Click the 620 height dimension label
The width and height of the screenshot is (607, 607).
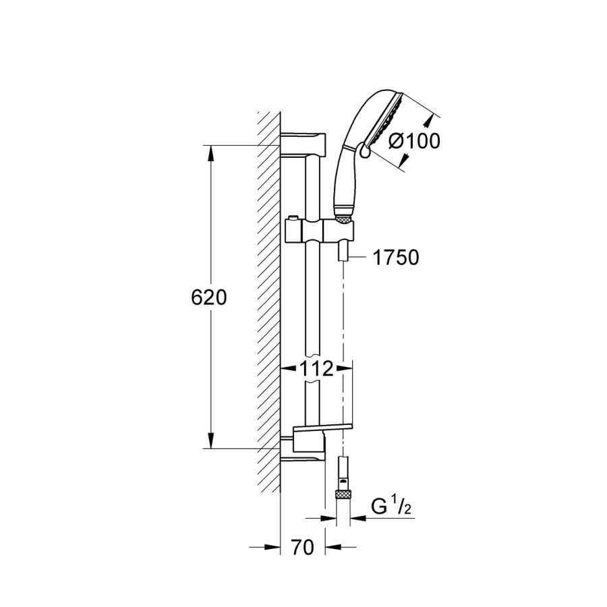(x=208, y=297)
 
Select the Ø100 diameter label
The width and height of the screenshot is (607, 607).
(x=414, y=141)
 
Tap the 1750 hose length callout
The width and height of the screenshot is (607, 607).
(x=396, y=258)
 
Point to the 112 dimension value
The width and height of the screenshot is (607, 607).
(x=316, y=369)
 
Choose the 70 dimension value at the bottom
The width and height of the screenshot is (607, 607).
(x=302, y=548)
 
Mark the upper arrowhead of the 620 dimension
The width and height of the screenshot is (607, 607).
(x=210, y=153)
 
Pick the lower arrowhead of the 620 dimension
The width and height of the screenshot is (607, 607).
(x=210, y=441)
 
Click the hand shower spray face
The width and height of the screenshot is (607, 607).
(x=386, y=119)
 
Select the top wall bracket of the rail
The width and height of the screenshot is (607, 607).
(x=303, y=145)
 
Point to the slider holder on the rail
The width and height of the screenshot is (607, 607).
(x=320, y=231)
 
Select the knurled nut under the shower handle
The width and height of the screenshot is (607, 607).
(x=344, y=220)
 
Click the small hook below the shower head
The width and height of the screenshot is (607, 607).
(x=364, y=150)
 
